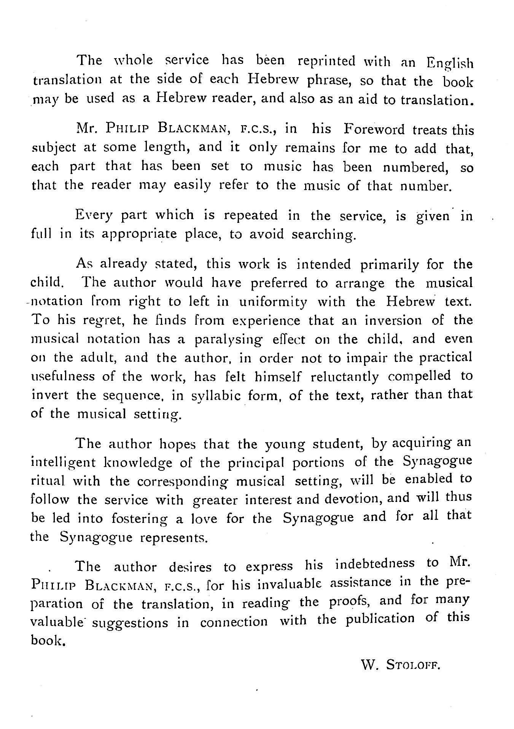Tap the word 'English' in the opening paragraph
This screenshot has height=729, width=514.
pos(450,62)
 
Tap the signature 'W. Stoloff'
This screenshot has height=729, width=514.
pos(399,665)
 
